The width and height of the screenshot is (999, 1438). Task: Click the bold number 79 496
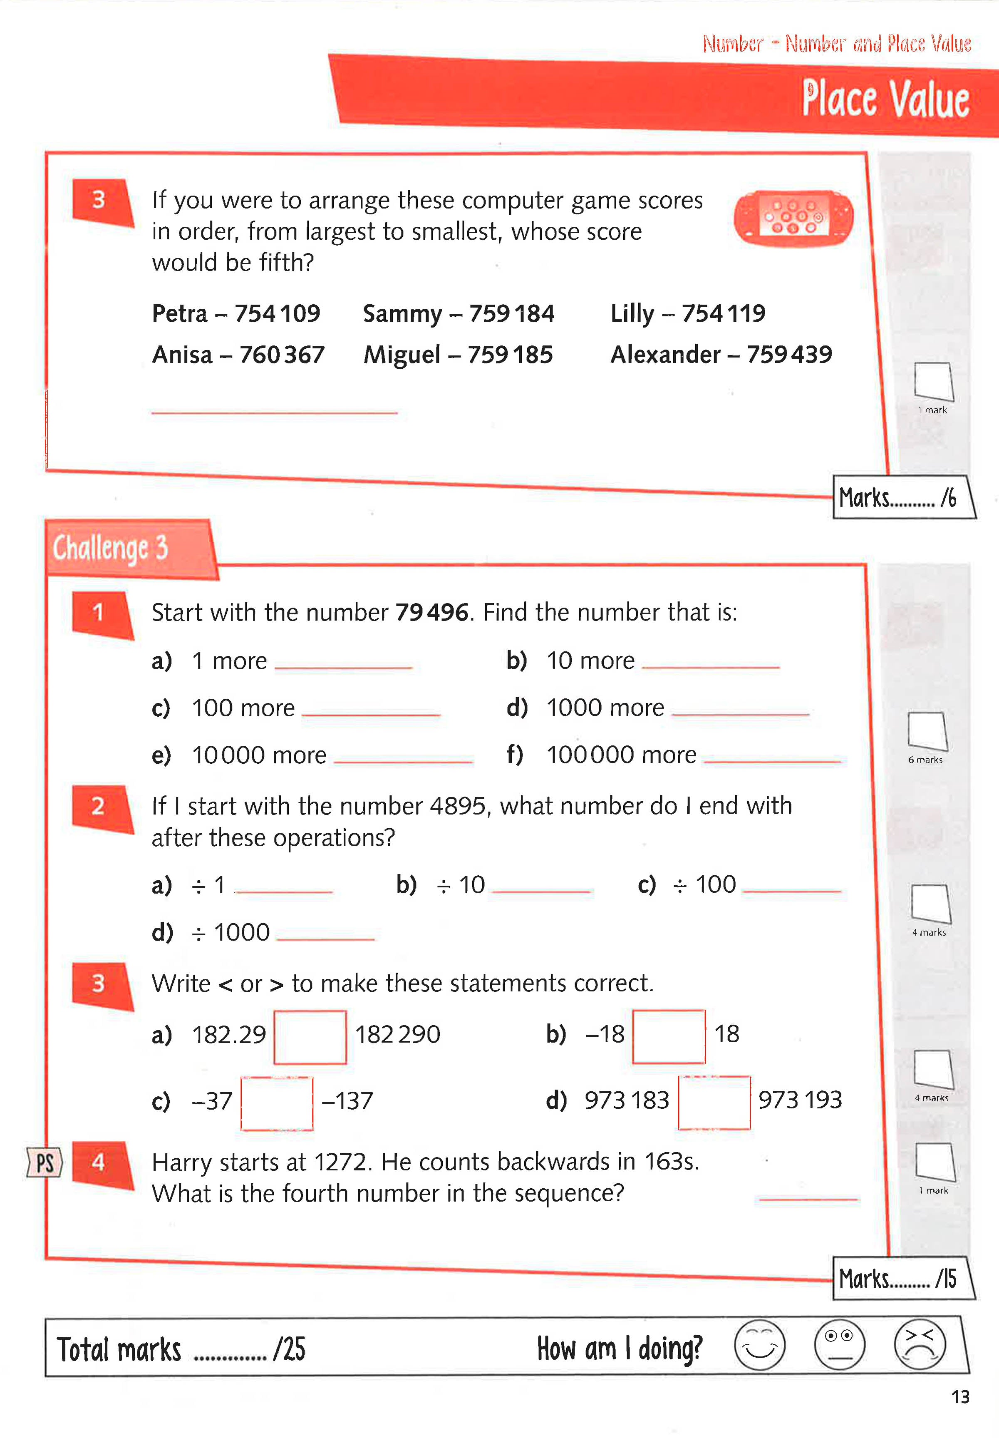point(431,612)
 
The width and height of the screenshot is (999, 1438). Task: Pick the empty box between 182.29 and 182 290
point(310,1037)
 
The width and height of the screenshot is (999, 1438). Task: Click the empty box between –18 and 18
point(669,1036)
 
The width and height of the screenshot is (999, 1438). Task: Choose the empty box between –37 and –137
point(277,1103)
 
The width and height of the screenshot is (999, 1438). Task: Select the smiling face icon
point(759,1345)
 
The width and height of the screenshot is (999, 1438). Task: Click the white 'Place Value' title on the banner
point(885,99)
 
